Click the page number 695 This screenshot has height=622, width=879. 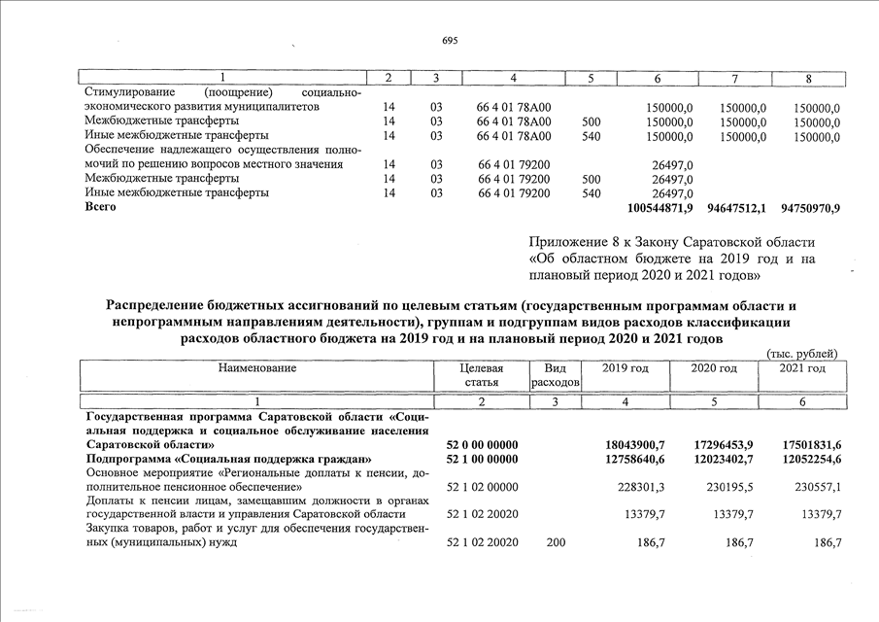[449, 41]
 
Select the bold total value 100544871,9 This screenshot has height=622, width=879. [660, 208]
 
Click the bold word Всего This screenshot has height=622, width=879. [100, 207]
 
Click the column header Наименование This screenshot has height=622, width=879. [257, 368]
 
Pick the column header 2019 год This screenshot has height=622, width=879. [625, 368]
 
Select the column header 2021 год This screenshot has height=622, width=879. [802, 368]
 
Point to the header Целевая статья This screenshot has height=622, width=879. [483, 375]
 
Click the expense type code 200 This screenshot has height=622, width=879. [556, 542]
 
